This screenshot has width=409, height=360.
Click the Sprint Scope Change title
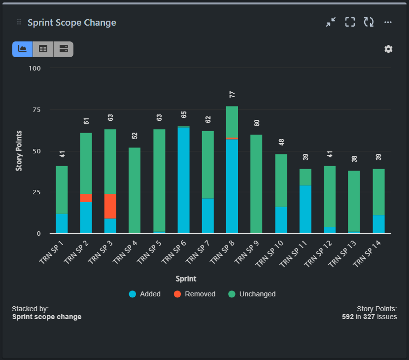click(x=72, y=23)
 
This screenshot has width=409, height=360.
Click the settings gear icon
click(x=388, y=49)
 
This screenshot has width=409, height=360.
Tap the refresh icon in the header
click(x=369, y=22)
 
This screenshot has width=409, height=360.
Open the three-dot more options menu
click(x=388, y=22)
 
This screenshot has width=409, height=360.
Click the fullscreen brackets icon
click(x=350, y=22)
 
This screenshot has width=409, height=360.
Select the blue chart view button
click(x=22, y=49)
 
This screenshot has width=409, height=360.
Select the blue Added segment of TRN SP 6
click(x=183, y=180)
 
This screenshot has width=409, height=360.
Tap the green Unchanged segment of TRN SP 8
click(x=232, y=122)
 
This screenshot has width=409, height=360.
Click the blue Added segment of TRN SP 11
click(x=305, y=209)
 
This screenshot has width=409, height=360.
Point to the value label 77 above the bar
click(x=232, y=95)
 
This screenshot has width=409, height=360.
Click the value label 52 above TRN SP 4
click(x=135, y=136)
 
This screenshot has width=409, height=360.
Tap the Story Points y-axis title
click(x=19, y=151)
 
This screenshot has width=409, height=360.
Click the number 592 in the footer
click(x=347, y=317)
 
